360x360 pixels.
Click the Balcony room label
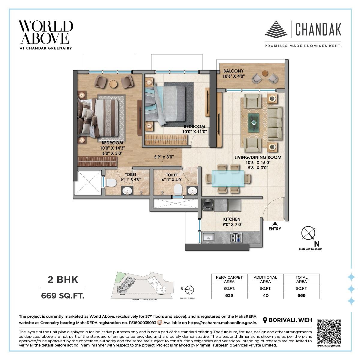tap(233, 71)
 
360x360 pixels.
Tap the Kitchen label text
tap(232, 219)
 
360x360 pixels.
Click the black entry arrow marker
tap(274, 223)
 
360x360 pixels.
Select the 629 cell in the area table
tap(229, 295)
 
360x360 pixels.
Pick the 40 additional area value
tap(265, 295)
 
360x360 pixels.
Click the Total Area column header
tap(301, 279)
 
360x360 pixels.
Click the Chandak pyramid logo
tap(276, 29)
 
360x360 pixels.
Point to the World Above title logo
tap(46, 32)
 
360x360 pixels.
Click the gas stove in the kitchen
tap(236, 238)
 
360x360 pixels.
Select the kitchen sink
tap(208, 238)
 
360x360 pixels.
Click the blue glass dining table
tap(228, 178)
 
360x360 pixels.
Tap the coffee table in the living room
tap(254, 122)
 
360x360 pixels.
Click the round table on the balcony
tap(265, 73)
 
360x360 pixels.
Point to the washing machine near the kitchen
tap(208, 205)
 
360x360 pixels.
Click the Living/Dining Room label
tap(258, 157)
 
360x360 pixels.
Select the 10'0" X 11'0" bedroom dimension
tap(194, 131)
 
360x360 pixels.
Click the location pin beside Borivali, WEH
tap(265, 320)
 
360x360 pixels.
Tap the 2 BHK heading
tap(63, 280)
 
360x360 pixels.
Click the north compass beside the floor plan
tap(308, 233)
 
